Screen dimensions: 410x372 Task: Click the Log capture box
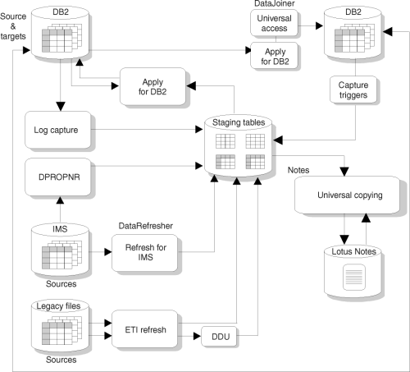58,130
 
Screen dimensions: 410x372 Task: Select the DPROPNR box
58,177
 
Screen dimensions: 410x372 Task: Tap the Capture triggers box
353,90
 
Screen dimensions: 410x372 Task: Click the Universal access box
274,23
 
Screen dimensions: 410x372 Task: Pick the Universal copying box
347,195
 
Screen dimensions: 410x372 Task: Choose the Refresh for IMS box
145,252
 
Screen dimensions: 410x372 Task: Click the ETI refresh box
145,329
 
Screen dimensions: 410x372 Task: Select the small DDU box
219,336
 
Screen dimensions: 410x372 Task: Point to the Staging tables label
239,122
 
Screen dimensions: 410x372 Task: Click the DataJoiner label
274,3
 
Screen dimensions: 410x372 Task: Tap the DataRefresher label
145,226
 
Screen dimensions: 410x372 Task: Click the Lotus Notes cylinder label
353,251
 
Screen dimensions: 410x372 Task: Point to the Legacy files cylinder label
58,306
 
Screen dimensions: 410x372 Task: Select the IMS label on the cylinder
60,229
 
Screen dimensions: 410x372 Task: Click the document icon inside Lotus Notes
354,277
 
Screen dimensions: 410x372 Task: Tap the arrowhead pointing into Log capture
61,107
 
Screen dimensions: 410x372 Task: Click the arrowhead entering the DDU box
197,336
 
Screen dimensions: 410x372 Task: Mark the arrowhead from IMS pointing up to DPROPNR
60,200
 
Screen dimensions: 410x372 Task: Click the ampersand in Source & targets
13,26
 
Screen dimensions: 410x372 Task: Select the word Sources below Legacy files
61,360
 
